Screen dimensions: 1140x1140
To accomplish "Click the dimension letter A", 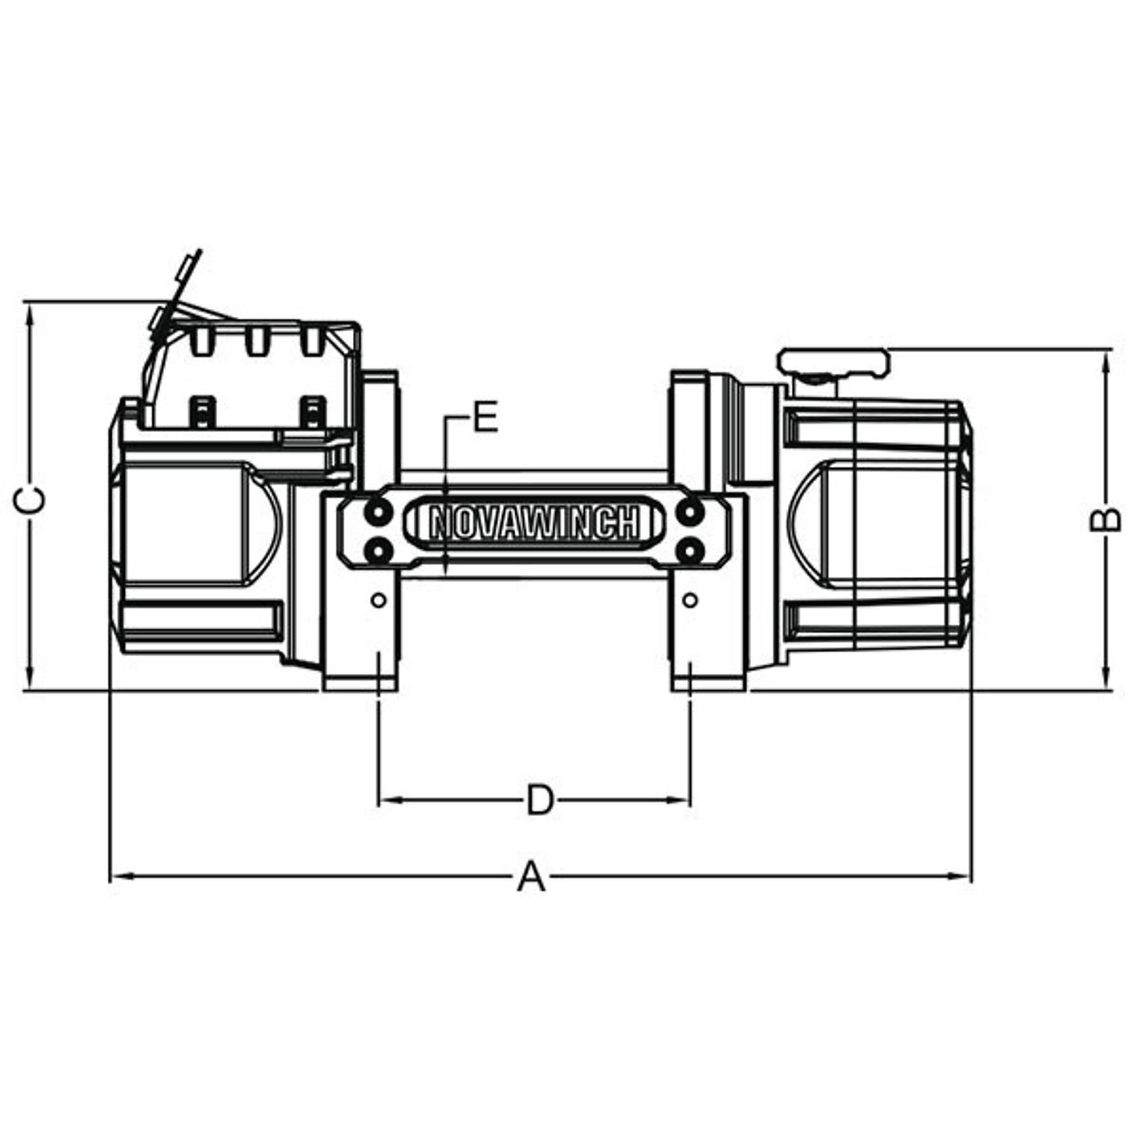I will [531, 893].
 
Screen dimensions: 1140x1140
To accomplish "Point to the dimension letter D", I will [540, 801].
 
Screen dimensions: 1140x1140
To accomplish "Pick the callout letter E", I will [486, 417].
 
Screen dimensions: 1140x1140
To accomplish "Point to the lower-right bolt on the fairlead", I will [690, 552].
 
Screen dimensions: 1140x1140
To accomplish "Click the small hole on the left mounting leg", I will [380, 600].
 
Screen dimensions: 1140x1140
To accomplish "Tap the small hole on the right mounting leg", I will [689, 600].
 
